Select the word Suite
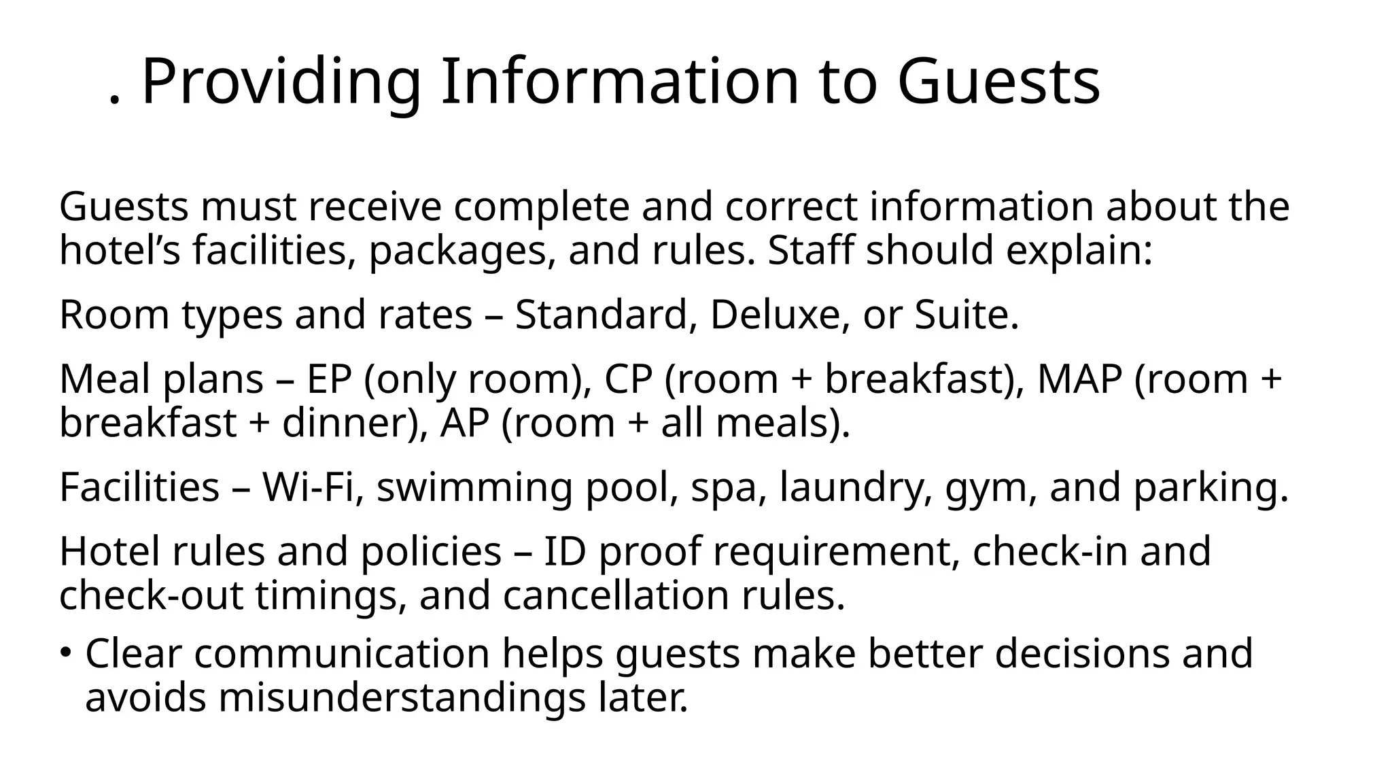(965, 315)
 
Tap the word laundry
(856, 489)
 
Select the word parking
(1211, 489)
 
